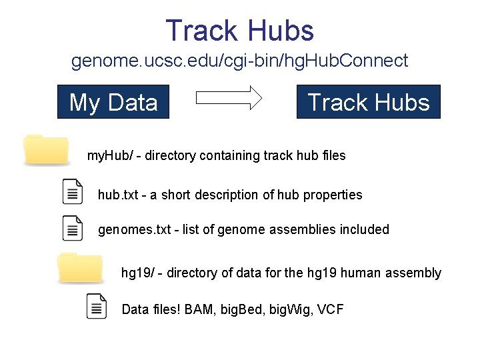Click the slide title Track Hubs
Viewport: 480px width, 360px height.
[x=239, y=31]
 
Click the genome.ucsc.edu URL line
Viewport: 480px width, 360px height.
[x=239, y=61]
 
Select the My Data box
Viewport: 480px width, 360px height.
[x=113, y=102]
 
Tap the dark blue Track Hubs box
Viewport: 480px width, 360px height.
[x=369, y=102]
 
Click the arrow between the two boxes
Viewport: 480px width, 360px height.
[x=229, y=99]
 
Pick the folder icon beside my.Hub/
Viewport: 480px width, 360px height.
[x=46, y=149]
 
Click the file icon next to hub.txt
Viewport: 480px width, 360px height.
[x=72, y=192]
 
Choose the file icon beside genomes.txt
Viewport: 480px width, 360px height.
[x=72, y=228]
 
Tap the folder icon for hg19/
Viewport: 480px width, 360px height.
[x=79, y=267]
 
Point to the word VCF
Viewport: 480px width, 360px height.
[x=331, y=309]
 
